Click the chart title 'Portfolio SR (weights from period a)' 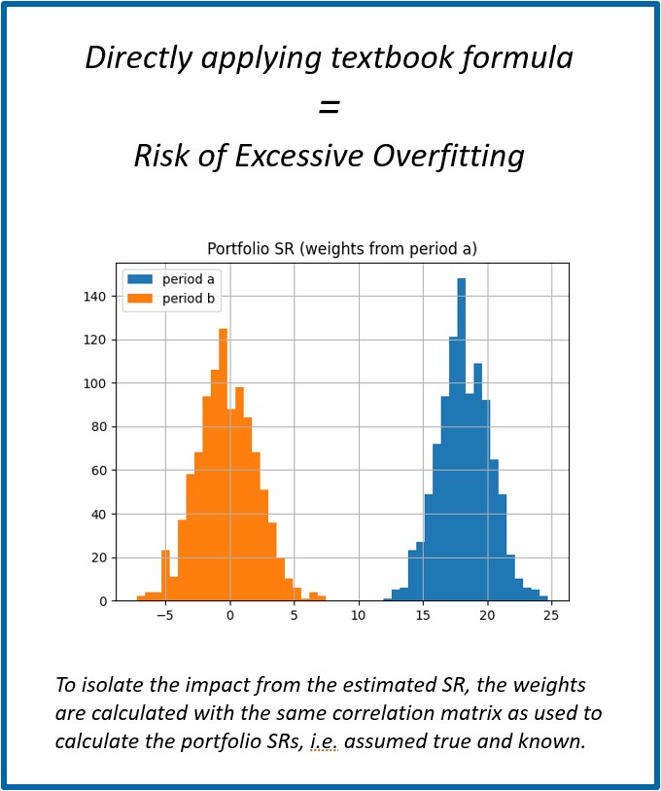342,249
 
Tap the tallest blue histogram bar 462,438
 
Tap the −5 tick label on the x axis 163,616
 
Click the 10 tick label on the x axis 359,616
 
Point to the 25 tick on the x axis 551,616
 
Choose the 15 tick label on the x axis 423,616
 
